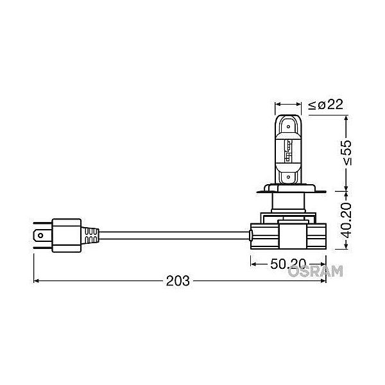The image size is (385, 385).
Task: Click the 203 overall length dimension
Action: (x=178, y=280)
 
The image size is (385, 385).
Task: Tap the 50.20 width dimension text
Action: (x=289, y=264)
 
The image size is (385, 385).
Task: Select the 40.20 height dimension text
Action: (x=346, y=220)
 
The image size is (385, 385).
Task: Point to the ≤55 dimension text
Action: (x=346, y=153)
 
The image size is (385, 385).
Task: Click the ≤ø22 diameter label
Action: (x=325, y=105)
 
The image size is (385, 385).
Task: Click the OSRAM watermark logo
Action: (x=315, y=271)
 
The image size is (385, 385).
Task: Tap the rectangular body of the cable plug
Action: (x=67, y=235)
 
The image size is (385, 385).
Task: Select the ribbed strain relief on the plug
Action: (x=90, y=235)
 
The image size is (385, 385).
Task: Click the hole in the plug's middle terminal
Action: (x=40, y=235)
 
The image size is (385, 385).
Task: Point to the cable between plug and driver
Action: (x=174, y=235)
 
